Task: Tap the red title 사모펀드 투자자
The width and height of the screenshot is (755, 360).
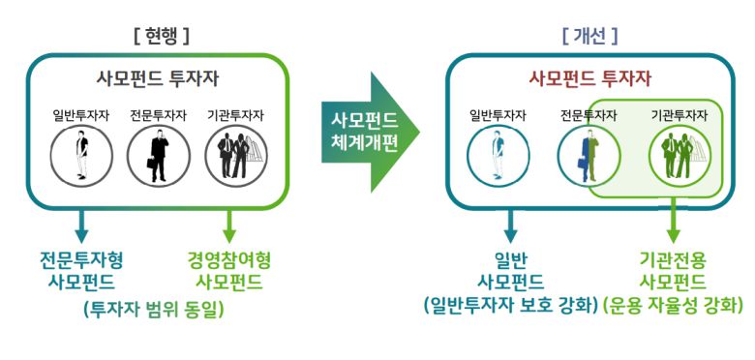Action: click(589, 78)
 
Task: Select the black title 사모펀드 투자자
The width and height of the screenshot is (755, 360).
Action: click(160, 78)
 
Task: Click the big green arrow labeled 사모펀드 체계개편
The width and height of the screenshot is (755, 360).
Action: click(369, 133)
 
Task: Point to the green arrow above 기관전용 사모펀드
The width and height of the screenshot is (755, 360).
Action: click(675, 227)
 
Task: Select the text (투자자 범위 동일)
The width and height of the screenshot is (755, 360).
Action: click(155, 310)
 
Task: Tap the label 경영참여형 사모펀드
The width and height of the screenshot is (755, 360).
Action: click(229, 271)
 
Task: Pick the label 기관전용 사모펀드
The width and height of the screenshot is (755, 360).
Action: click(675, 271)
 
